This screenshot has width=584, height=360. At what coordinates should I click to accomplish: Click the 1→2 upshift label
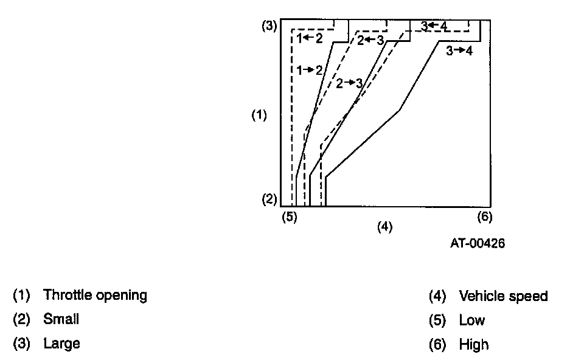(x=310, y=71)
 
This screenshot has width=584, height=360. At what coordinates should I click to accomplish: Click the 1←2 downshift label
(x=310, y=38)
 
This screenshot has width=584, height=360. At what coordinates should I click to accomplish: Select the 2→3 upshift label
(x=349, y=83)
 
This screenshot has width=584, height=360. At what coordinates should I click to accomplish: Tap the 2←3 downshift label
(x=370, y=41)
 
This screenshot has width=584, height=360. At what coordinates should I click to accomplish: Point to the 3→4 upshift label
(x=459, y=51)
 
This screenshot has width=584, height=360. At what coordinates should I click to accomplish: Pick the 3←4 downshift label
(x=434, y=26)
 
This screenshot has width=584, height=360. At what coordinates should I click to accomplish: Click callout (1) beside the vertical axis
(x=260, y=116)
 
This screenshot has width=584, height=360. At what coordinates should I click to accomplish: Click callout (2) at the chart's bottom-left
(x=269, y=199)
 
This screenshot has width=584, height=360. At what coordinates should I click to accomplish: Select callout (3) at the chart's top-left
(x=269, y=26)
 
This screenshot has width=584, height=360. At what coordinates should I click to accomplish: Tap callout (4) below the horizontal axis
(x=384, y=227)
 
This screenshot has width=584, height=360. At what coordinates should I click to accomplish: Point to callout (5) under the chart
(x=290, y=216)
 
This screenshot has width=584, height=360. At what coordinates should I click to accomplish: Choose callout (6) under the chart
(x=484, y=216)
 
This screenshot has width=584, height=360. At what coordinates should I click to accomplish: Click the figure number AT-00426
(x=478, y=243)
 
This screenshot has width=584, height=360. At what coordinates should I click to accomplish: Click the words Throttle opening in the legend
(x=95, y=296)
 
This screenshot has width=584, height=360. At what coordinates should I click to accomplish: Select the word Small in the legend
(x=61, y=319)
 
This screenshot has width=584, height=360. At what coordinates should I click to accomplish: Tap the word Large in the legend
(x=61, y=344)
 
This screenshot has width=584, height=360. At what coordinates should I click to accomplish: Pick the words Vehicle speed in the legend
(x=503, y=296)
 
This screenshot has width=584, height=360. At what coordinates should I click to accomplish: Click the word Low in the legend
(x=472, y=320)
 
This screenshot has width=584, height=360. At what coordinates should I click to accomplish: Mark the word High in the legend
(x=474, y=345)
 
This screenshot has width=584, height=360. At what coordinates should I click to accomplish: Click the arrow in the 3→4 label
(x=459, y=51)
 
